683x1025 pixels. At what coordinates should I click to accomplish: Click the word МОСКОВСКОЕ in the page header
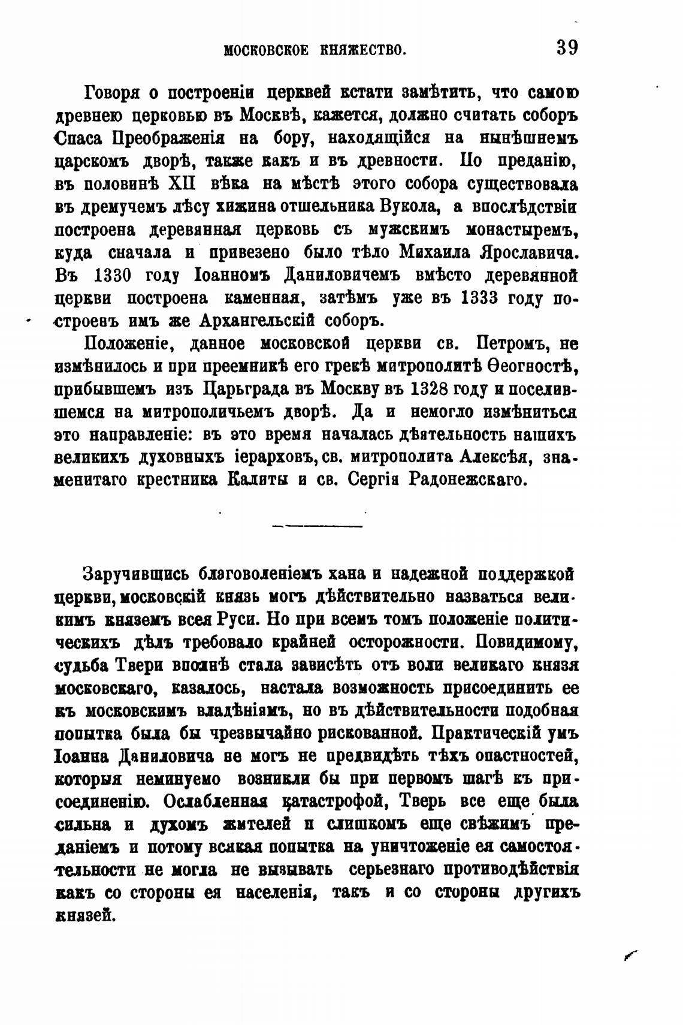click(266, 49)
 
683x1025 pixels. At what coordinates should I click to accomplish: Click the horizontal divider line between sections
click(318, 526)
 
